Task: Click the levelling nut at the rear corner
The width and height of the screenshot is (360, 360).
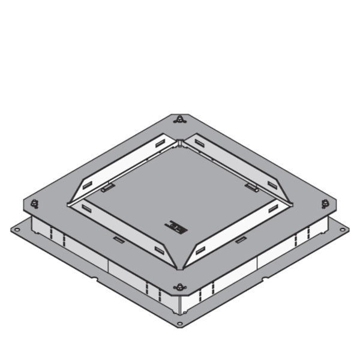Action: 180,119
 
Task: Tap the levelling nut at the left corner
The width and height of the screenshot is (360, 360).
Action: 35,203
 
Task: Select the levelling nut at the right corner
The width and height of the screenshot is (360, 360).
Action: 325,203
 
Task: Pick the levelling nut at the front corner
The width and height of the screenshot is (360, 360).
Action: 180,287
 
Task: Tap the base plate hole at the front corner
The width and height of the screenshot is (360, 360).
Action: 180,326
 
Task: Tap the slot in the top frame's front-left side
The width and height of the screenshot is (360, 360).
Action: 118,240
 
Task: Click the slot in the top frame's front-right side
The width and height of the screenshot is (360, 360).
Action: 241,240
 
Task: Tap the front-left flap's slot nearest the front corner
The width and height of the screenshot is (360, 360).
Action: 159,249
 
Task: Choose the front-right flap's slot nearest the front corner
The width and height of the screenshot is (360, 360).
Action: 201,249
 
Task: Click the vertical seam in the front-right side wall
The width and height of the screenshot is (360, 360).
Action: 257,265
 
